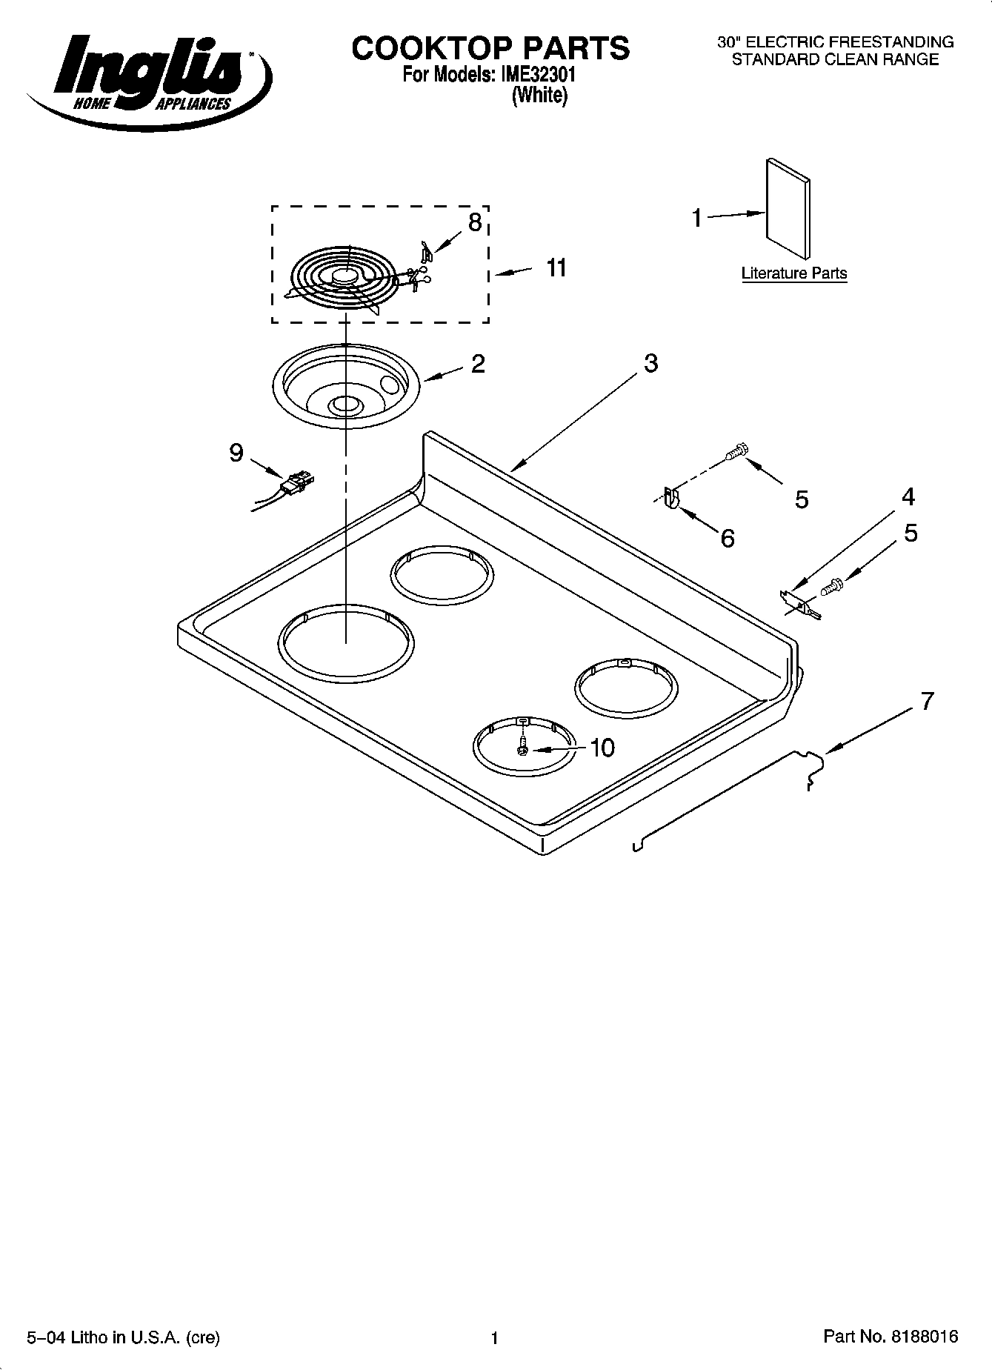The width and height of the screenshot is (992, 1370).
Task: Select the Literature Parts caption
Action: coord(793,273)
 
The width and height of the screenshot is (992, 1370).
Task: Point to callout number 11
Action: coord(556,267)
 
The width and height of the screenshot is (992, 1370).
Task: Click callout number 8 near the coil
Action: coord(475,222)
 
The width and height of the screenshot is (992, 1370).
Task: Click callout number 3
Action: coord(650,363)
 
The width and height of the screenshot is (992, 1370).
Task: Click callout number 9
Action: coord(236,453)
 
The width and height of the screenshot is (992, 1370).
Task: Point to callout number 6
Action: coord(728,539)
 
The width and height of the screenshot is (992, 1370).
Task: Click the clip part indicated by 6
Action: coord(671,497)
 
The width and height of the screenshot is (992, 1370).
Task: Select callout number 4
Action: coord(908,496)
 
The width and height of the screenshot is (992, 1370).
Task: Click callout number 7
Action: coord(927,700)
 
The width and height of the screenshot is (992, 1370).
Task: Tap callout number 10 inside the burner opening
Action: coord(602,748)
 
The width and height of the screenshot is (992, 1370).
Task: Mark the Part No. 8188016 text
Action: coord(891,1337)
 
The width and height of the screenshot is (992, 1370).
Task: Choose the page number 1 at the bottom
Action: coord(494,1338)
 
